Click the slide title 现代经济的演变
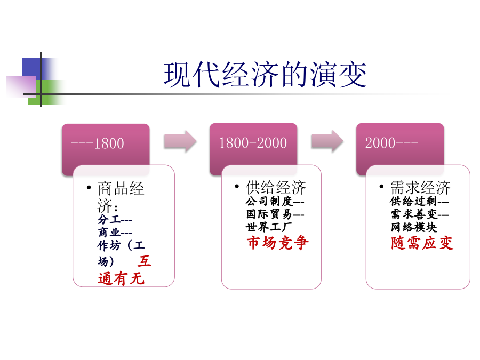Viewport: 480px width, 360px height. click(265, 74)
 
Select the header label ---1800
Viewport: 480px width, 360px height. click(98, 143)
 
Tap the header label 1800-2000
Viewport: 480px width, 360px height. click(253, 143)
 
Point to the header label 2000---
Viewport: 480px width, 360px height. click(391, 142)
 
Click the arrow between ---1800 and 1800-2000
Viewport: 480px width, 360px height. click(180, 141)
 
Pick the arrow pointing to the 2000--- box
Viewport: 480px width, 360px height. click(327, 141)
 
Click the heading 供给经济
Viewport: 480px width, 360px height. click(276, 187)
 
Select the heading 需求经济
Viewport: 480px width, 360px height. click(420, 187)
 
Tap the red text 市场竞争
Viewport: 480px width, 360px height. click(278, 243)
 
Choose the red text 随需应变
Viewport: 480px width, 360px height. click(422, 243)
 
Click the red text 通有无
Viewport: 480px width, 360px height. click(121, 278)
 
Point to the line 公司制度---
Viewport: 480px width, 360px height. click(275, 201)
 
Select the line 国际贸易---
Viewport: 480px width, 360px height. click(275, 214)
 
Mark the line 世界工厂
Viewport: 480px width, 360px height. click(269, 227)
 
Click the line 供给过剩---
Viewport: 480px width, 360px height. click(419, 201)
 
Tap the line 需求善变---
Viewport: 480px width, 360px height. click(419, 214)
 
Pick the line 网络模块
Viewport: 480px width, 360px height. click(413, 227)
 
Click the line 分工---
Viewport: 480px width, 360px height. click(115, 220)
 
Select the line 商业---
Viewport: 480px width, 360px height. click(115, 233)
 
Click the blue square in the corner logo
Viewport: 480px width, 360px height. click(32, 67)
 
